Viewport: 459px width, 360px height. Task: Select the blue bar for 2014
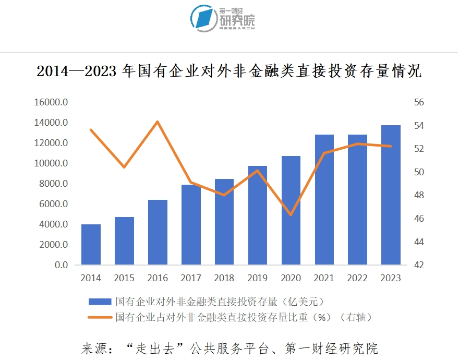coord(91,244)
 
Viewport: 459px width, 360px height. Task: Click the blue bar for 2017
coord(191,224)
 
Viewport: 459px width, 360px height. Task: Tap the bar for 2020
coord(291,210)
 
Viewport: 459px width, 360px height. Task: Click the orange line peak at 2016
coord(158,122)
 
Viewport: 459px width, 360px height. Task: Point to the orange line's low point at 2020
coord(291,215)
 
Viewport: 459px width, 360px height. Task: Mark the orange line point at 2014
coord(91,130)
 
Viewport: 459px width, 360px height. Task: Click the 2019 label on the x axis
coord(257,278)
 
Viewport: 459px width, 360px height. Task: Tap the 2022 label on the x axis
coord(357,278)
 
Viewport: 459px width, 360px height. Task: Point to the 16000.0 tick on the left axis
coord(51,102)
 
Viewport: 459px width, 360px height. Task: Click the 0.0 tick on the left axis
coord(61,265)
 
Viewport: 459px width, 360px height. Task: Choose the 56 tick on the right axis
coord(419,102)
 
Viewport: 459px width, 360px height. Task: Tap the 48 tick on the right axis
coord(419,195)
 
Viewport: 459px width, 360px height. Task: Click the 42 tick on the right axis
coord(419,265)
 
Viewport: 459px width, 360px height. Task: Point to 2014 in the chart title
coord(52,71)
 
